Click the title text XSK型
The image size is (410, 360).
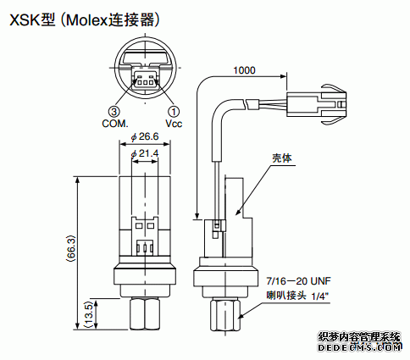[32, 20]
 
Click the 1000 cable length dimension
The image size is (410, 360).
[244, 70]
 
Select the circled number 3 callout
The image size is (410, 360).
[114, 111]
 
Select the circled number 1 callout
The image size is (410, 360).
[174, 111]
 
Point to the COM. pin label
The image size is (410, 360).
[115, 124]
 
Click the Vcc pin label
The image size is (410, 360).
[174, 124]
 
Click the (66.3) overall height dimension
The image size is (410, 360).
[71, 248]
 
